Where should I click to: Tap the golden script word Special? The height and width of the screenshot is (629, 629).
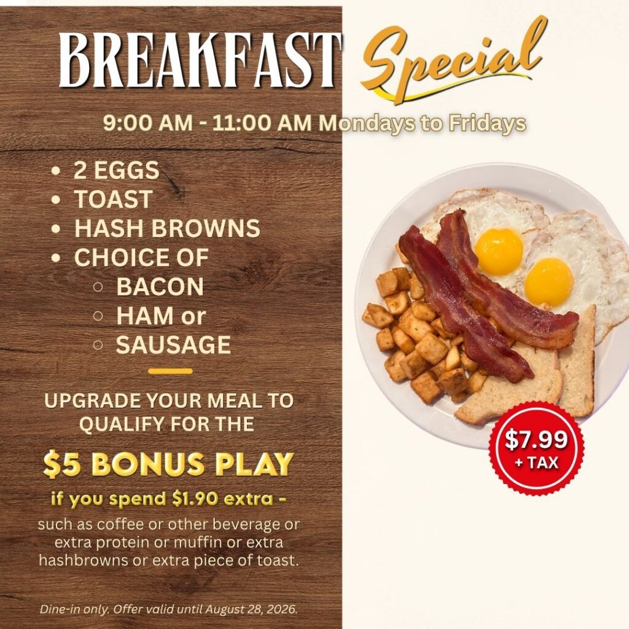453,60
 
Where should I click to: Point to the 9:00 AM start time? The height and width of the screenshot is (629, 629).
147,123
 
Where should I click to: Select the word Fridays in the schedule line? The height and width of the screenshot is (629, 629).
487,123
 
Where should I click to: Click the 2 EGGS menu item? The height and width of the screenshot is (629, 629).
116,170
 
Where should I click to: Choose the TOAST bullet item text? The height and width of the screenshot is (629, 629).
113,199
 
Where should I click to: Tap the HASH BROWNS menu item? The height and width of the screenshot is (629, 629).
167,228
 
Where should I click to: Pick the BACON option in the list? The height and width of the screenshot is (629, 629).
160,286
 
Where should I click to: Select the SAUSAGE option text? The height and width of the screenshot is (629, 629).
173,345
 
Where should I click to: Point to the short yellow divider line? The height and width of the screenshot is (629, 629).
170,372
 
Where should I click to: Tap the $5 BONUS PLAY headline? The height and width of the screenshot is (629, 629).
168,464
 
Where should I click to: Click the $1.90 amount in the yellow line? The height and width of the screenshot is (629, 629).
195,499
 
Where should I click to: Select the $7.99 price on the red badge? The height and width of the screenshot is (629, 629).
536,440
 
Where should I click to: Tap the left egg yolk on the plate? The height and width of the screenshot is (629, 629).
499,252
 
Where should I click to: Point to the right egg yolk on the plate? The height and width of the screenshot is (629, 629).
549,282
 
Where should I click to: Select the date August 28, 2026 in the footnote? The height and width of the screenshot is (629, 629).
251,609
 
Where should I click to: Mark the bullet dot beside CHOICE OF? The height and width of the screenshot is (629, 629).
56,257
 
